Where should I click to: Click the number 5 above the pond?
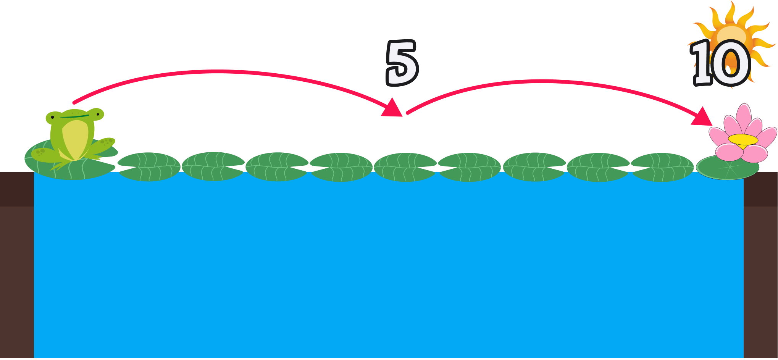point(402,63)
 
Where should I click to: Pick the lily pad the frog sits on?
point(69,168)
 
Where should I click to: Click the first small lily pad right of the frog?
point(149,167)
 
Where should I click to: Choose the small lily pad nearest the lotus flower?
point(662,167)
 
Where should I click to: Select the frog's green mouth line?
point(74,116)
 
